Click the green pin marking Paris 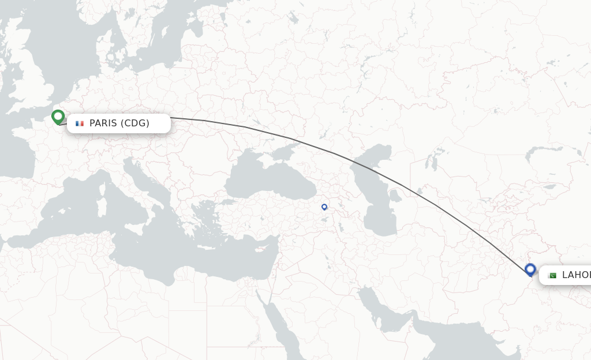point(57,117)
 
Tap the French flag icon point(80,123)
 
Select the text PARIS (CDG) point(119,123)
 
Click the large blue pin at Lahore point(530,269)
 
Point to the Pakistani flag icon point(552,275)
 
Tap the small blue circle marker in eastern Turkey point(324,207)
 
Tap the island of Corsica point(105,187)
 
